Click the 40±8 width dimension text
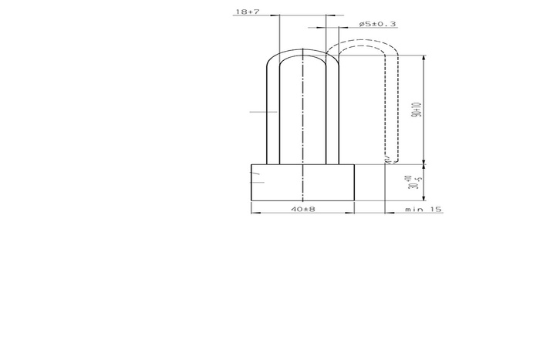pos(302,209)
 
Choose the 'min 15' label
pos(424,209)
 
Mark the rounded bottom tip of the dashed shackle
pos(391,163)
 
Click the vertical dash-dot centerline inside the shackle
pos(302,116)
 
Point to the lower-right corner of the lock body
pos(353,201)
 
